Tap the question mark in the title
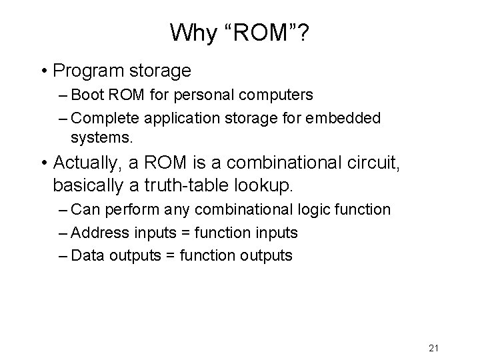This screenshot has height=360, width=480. point(303,31)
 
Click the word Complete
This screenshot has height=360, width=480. point(102,118)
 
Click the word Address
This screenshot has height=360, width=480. point(97,233)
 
